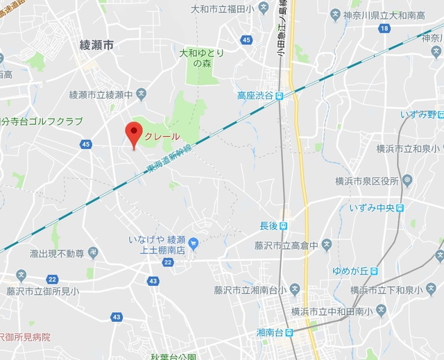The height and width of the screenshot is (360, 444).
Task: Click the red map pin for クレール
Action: pos(133,133)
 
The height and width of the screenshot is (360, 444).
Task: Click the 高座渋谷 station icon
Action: pos(279,96)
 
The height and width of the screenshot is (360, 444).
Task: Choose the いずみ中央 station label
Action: pos(370,207)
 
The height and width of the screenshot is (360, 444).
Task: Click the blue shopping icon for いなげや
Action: pos(194,243)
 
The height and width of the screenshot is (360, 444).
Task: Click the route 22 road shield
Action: pos(168,262)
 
